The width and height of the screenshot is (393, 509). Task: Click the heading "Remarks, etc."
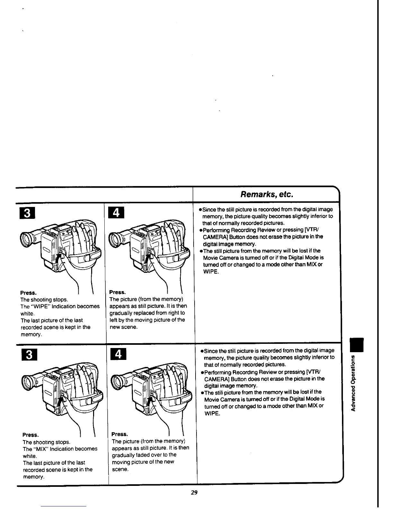(x=267, y=194)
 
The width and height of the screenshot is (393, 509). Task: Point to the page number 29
(x=194, y=492)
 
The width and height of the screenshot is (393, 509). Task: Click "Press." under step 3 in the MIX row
(x=31, y=435)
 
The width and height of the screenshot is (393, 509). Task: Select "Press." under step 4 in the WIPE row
(x=118, y=292)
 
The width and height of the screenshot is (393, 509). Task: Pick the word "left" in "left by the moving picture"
(x=114, y=320)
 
